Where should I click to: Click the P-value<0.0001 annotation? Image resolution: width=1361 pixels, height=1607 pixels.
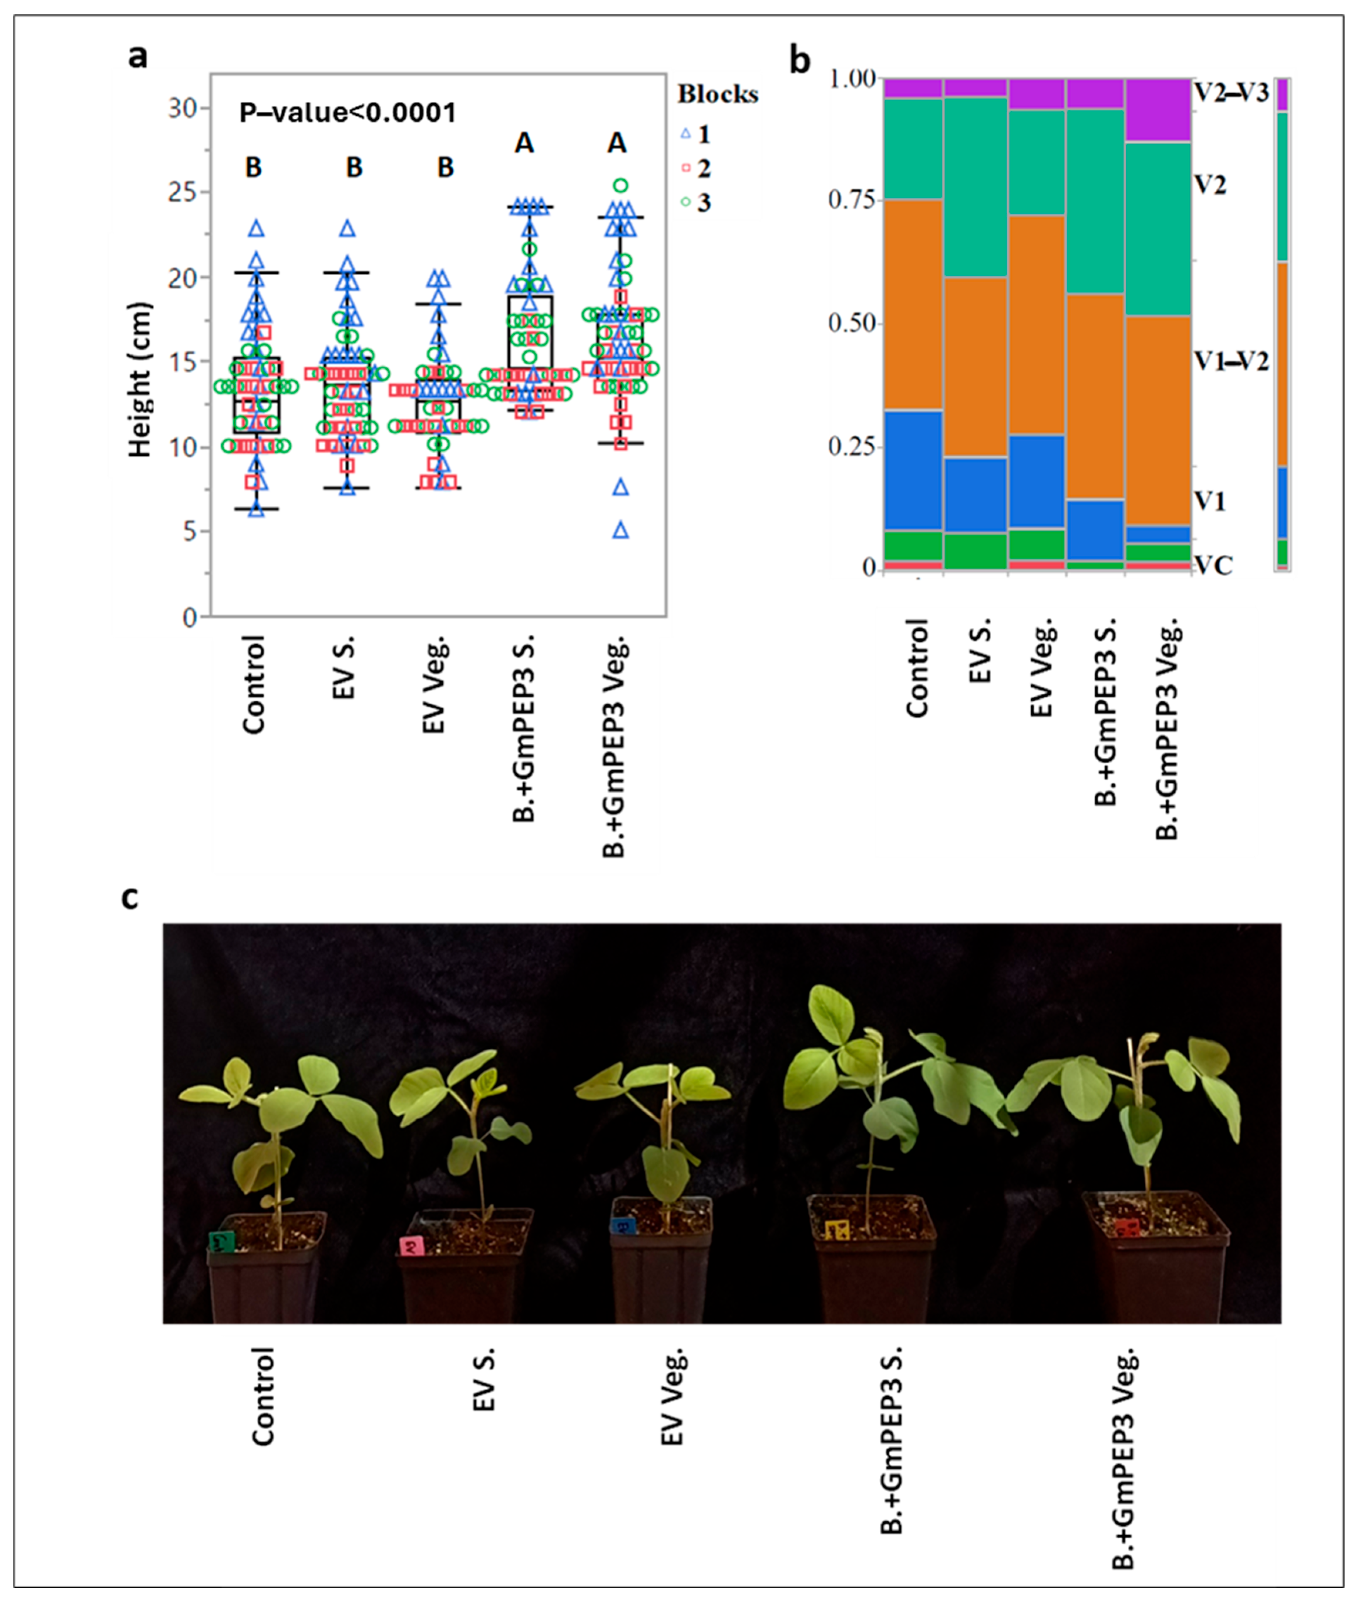click(x=347, y=113)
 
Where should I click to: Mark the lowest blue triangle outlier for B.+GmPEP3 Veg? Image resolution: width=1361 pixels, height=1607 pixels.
click(x=620, y=530)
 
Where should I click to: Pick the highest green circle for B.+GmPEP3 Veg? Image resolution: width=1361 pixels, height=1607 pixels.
click(x=620, y=185)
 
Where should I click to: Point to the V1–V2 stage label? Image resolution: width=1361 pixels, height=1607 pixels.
click(x=1231, y=361)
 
